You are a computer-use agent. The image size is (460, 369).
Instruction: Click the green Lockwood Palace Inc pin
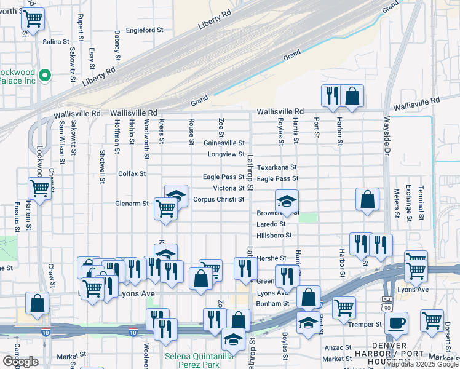click(x=44, y=76)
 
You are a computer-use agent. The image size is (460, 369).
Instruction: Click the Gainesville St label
click(x=224, y=143)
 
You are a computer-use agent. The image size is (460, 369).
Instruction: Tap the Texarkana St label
click(x=277, y=167)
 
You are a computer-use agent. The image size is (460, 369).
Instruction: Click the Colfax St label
click(x=132, y=173)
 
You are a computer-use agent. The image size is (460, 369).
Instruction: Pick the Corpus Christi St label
click(x=219, y=199)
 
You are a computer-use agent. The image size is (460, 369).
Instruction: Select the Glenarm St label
click(x=132, y=203)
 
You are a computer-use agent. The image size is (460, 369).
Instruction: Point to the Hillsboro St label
click(x=274, y=235)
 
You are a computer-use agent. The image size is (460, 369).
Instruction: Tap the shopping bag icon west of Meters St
click(x=367, y=199)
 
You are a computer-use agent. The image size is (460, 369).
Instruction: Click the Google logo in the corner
click(x=20, y=362)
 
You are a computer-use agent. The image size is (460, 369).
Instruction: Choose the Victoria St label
click(x=229, y=188)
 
